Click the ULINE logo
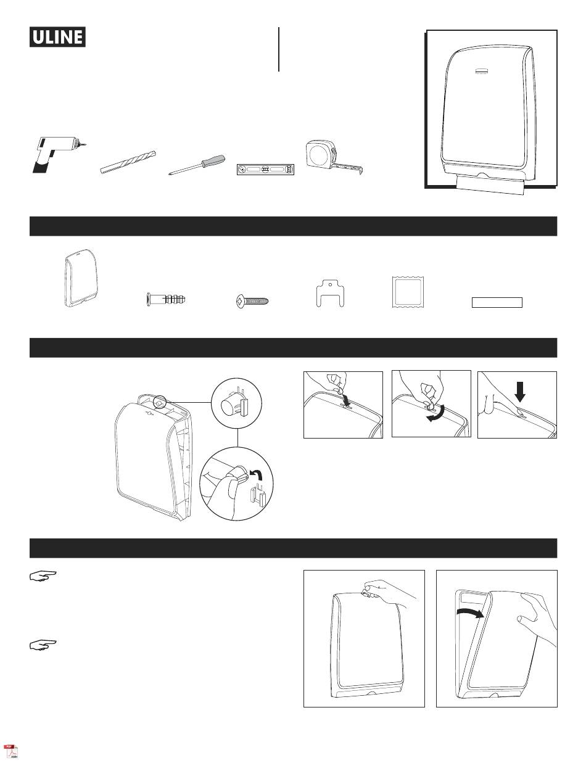pyautogui.click(x=57, y=37)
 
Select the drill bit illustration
pyautogui.click(x=128, y=162)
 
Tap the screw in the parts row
pyautogui.click(x=253, y=302)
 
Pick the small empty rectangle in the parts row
pyautogui.click(x=497, y=302)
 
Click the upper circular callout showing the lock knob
pyautogui.click(x=236, y=405)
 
